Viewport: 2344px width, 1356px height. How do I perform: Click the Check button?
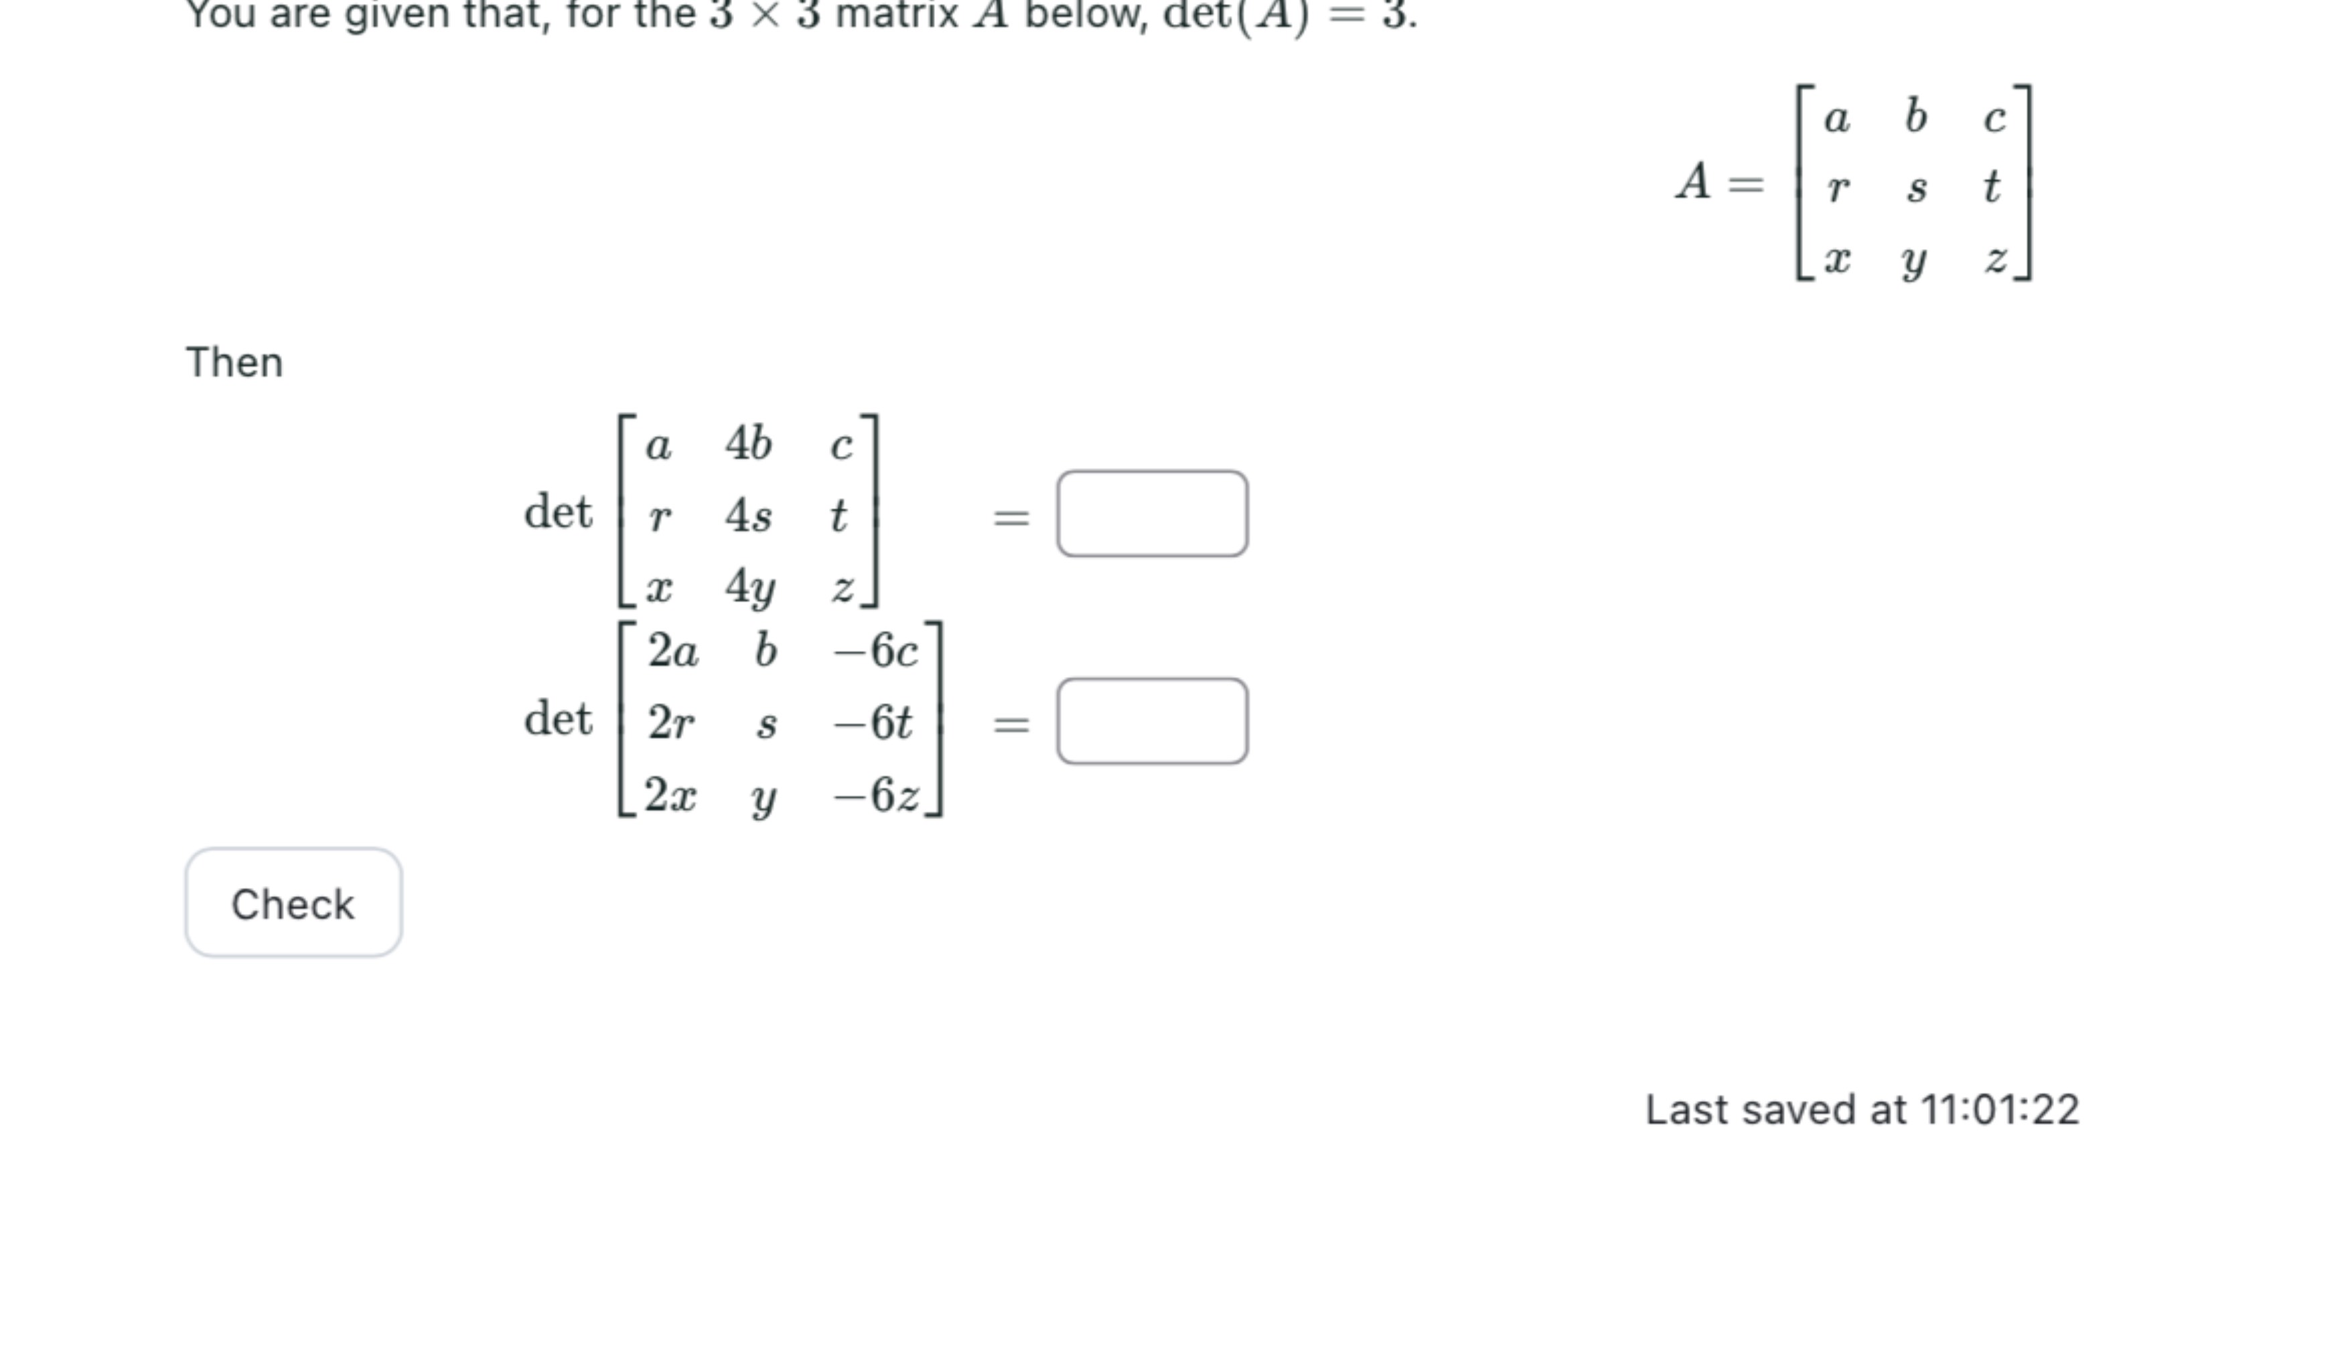(293, 903)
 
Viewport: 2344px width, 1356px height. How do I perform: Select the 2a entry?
(672, 651)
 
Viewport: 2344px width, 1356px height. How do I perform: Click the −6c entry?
(875, 651)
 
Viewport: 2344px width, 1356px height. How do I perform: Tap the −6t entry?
(873, 723)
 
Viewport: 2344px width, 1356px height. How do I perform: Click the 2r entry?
(670, 723)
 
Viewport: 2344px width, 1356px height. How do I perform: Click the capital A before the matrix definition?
(1693, 181)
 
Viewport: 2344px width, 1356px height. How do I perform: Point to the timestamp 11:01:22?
(1999, 1110)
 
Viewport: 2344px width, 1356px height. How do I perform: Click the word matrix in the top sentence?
(897, 15)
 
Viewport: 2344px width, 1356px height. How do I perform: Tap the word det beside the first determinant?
(558, 512)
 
